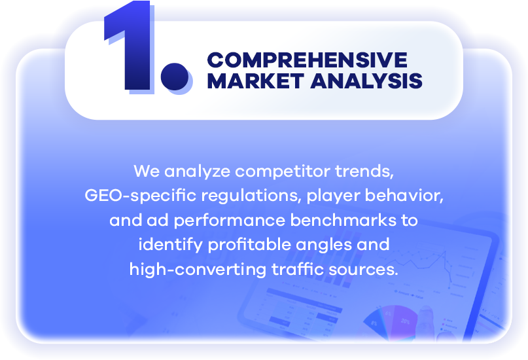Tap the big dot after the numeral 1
175,77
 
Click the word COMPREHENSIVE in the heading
307,60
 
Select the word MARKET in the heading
256,81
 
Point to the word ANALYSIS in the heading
366,81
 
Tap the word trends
364,171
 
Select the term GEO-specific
141,196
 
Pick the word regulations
251,196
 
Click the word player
333,196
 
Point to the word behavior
404,195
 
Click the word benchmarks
343,220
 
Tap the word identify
171,245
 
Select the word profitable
249,245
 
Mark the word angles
324,245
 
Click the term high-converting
198,270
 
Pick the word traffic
298,269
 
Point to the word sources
363,270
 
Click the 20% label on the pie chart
406,321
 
